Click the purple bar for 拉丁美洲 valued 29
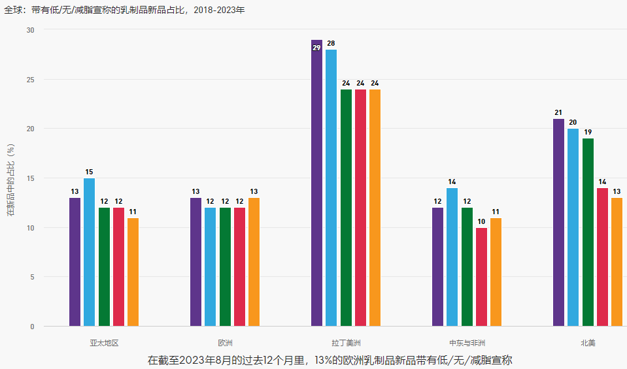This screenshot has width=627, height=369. pyautogui.click(x=316, y=183)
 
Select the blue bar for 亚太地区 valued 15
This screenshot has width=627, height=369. pyautogui.click(x=89, y=252)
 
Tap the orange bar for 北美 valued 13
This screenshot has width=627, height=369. pyautogui.click(x=617, y=262)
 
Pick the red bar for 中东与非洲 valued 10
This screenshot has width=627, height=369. pyautogui.click(x=481, y=277)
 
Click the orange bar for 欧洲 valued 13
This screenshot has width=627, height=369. pyautogui.click(x=254, y=262)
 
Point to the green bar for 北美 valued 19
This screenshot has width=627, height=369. pyautogui.click(x=588, y=232)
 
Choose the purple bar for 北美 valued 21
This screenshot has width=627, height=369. pyautogui.click(x=558, y=222)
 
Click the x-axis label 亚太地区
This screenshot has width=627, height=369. pyautogui.click(x=104, y=342)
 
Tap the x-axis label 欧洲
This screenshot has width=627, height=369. pyautogui.click(x=225, y=342)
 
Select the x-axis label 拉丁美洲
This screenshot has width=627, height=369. pyautogui.click(x=346, y=342)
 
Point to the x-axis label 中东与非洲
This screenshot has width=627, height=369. pyautogui.click(x=467, y=342)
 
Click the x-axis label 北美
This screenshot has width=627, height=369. pyautogui.click(x=588, y=342)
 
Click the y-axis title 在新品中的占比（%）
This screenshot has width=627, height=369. pyautogui.click(x=10, y=178)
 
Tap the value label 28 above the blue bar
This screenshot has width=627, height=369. pyautogui.click(x=331, y=43)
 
